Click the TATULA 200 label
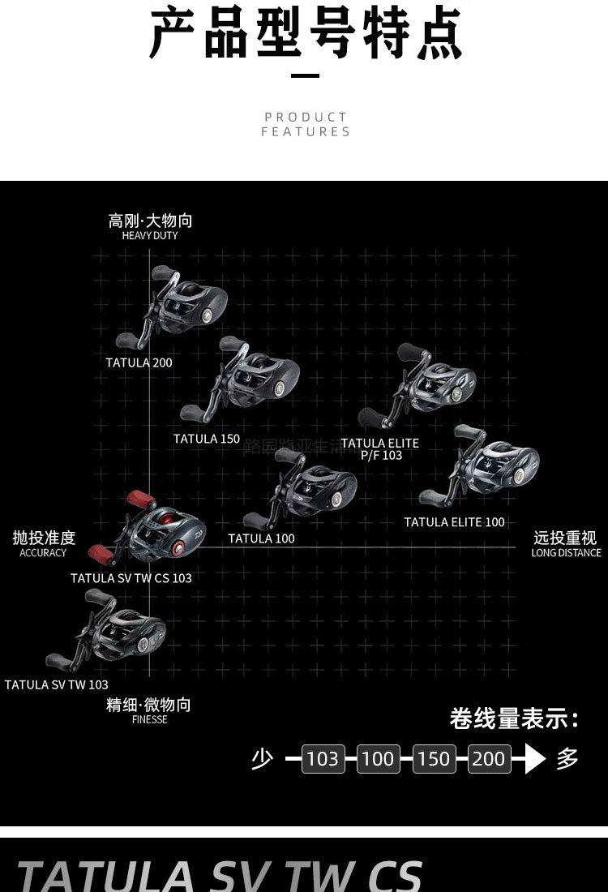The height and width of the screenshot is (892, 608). (139, 362)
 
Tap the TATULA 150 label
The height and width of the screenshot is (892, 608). (207, 439)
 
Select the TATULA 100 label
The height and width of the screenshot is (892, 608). (261, 538)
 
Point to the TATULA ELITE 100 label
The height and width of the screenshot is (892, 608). (454, 522)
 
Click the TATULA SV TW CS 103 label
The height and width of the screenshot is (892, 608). (131, 578)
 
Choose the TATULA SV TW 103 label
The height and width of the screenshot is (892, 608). (57, 684)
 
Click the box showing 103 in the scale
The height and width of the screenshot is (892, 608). (323, 759)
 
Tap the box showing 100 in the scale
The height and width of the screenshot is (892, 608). (378, 759)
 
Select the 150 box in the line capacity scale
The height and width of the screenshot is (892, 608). (434, 759)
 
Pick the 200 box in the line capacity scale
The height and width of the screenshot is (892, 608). (489, 759)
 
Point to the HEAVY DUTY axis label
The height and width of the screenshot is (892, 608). (150, 236)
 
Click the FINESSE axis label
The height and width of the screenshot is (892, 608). (149, 719)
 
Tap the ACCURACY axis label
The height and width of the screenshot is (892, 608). (43, 553)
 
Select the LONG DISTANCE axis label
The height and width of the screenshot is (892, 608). (566, 553)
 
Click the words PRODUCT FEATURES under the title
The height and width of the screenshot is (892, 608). (305, 124)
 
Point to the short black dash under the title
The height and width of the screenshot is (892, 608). (305, 76)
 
